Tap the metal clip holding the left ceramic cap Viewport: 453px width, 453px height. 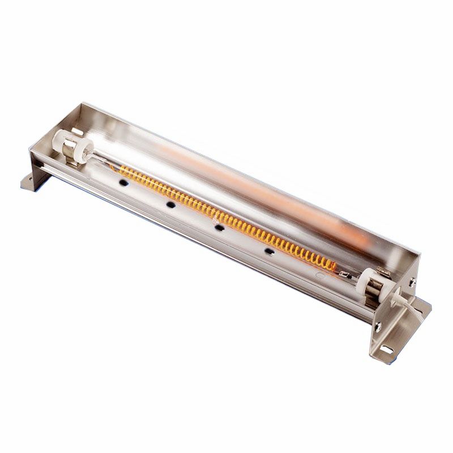pyautogui.click(x=70, y=154)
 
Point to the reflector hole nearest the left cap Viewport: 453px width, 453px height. pyautogui.click(x=121, y=182)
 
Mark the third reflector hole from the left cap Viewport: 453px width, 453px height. pyautogui.click(x=219, y=226)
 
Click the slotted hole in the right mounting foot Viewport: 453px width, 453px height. pyautogui.click(x=386, y=348)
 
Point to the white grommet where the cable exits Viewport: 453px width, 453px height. pyautogui.click(x=398, y=292)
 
